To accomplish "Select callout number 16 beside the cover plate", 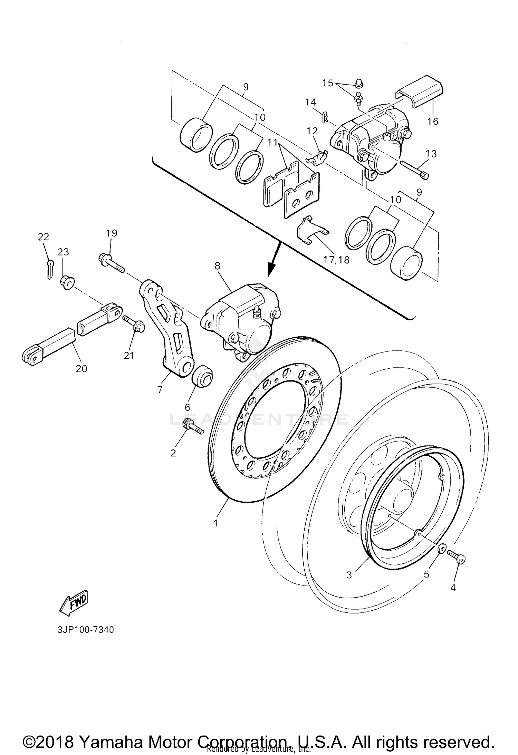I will click(433, 121).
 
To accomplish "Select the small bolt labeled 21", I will click(134, 325).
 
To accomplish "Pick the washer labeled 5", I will click(442, 548).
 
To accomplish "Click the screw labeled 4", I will click(457, 557).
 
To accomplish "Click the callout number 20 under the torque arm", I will click(81, 368).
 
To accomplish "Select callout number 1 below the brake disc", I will click(216, 523).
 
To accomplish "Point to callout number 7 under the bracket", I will click(160, 389).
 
